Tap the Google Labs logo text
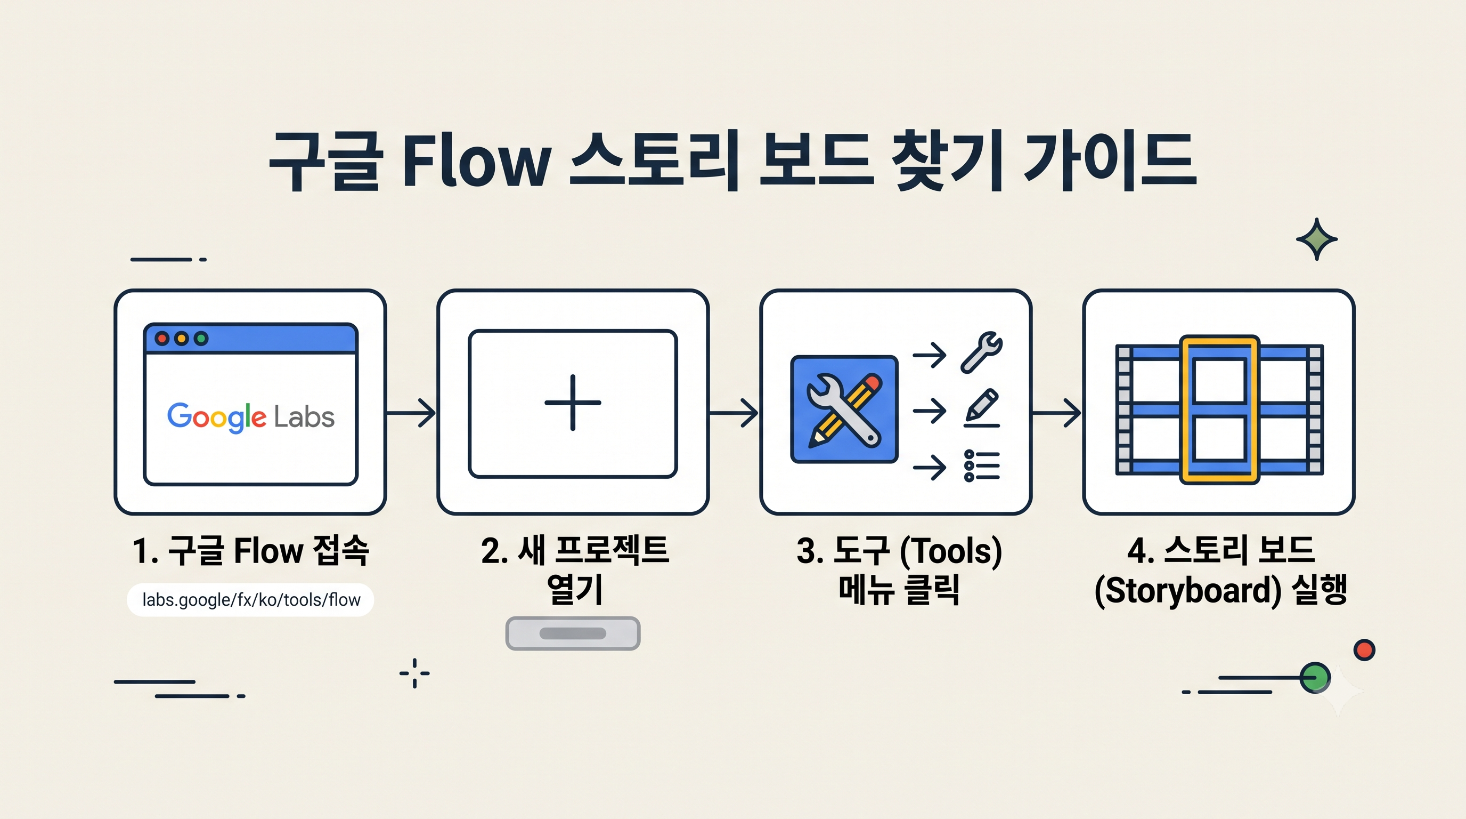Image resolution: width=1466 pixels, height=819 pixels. pos(250,417)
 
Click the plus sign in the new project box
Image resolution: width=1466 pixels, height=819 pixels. pos(573,403)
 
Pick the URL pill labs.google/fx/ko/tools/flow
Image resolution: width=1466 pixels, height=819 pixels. pos(250,600)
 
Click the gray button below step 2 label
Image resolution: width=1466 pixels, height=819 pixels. pos(573,633)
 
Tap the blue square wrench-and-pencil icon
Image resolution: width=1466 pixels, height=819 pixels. pos(844,409)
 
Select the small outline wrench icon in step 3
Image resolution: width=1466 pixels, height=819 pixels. pos(982,352)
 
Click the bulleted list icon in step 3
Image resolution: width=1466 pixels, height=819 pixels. pos(982,466)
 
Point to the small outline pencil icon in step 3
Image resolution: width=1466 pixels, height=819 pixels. pos(982,408)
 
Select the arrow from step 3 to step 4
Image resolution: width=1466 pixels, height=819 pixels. pos(1056,412)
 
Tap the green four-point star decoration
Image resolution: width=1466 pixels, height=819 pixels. pos(1317,239)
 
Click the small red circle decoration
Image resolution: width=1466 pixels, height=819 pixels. pos(1364,650)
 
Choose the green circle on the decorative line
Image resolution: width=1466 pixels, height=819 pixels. pos(1315,678)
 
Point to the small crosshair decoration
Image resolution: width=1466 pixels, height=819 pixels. pos(414,673)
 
